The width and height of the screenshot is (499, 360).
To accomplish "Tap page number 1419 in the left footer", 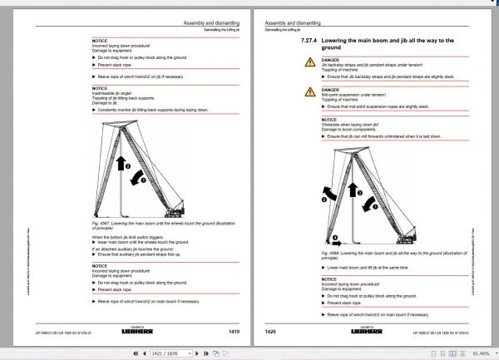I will coord(235,332).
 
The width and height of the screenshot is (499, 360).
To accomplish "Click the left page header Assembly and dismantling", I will coord(207,24).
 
